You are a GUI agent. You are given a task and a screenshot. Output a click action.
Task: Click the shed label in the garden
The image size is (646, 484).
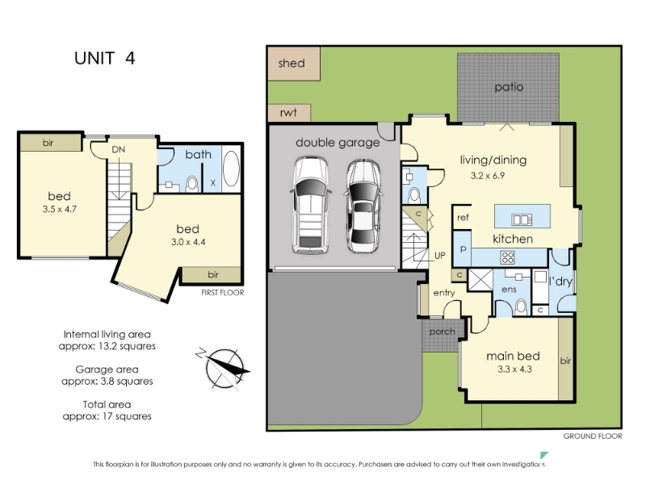tap(292, 63)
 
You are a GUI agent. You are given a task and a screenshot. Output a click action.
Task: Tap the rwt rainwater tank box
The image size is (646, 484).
tap(289, 112)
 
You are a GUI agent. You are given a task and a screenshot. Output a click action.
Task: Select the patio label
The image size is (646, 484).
tap(509, 87)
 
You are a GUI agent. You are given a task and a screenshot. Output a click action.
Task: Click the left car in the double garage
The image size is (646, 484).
tap(310, 205)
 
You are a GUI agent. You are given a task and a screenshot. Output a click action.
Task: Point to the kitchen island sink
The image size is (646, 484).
tap(522, 219)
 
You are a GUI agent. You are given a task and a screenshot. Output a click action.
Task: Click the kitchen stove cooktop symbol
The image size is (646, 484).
tap(508, 257)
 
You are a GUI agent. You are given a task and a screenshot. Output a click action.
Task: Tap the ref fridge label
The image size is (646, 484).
tap(463, 217)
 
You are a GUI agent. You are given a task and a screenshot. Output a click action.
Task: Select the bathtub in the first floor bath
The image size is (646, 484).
tap(231, 169)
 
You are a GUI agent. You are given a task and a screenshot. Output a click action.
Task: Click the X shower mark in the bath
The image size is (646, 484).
tap(213, 183)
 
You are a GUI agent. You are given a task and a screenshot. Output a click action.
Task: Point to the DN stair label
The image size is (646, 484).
tap(118, 150)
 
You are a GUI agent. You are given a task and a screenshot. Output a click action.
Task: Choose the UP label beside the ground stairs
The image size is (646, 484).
tap(439, 256)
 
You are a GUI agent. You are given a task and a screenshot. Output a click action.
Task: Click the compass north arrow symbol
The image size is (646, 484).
tap(224, 369)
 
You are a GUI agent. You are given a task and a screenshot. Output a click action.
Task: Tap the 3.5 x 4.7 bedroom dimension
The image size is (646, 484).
tap(59, 209)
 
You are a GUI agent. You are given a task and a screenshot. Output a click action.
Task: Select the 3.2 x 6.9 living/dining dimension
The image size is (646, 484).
tap(488, 176)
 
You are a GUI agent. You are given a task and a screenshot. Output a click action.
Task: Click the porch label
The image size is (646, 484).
tap(442, 332)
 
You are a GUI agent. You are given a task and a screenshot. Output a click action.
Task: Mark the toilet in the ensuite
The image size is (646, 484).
tap(521, 307)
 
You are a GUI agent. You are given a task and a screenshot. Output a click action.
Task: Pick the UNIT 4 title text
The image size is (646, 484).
tap(105, 58)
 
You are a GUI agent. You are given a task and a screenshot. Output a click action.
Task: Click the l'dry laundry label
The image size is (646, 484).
tap(560, 282)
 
